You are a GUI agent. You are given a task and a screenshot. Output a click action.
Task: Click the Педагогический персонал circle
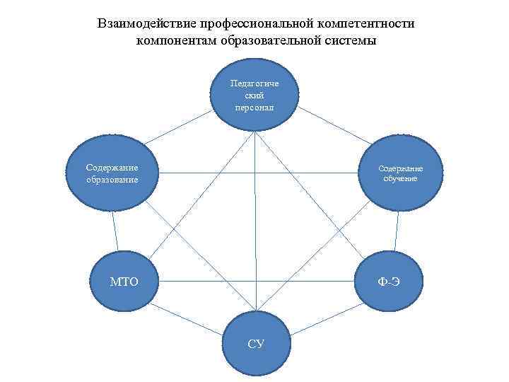point(255,96)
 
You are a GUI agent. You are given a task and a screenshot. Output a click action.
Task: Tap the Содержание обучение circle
point(400,173)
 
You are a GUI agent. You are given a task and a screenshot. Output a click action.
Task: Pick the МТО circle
point(124,282)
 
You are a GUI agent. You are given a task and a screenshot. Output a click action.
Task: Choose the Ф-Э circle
point(389,282)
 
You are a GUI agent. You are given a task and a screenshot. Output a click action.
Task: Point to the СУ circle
point(256,343)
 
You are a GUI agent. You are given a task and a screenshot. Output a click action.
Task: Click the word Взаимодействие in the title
point(146,23)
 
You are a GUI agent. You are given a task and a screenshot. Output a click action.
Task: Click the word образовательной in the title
point(278,40)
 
